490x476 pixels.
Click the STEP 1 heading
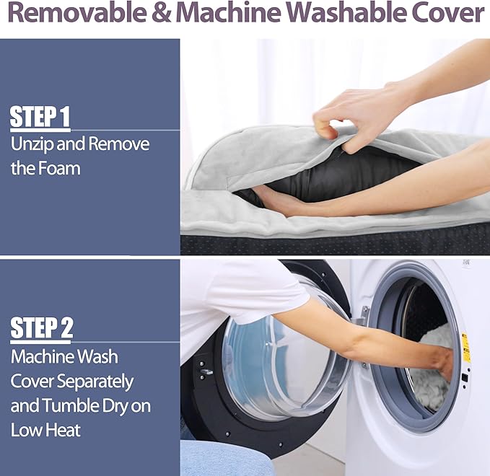(x=40, y=117)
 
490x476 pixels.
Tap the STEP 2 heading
(x=42, y=327)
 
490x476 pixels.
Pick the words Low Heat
(x=45, y=430)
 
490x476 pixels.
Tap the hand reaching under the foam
(x=278, y=200)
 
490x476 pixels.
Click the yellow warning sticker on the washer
(x=465, y=348)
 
